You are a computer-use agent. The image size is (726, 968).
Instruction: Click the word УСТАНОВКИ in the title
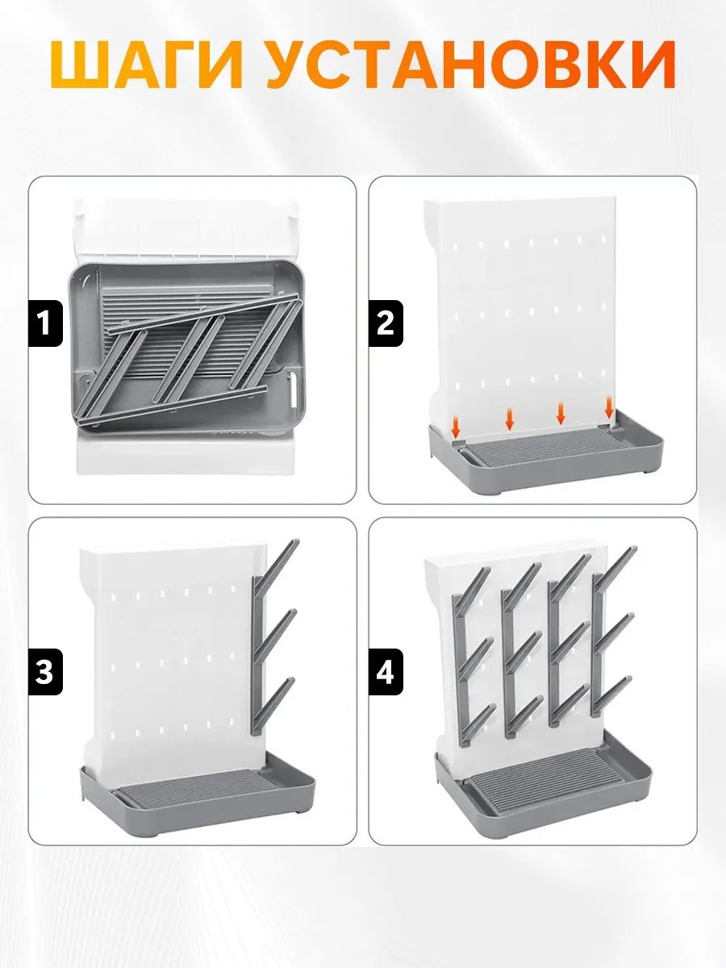pyautogui.click(x=471, y=65)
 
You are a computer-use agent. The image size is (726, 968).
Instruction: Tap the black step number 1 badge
pyautogui.click(x=45, y=323)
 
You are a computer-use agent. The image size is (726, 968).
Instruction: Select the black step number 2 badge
pyautogui.click(x=386, y=323)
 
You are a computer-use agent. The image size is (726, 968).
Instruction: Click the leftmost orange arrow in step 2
pyautogui.click(x=456, y=428)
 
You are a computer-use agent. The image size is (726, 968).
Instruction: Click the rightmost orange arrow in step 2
pyautogui.click(x=609, y=407)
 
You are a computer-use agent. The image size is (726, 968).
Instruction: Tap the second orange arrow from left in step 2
pyautogui.click(x=510, y=419)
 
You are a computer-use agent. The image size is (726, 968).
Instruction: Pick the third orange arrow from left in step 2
pyautogui.click(x=561, y=413)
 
